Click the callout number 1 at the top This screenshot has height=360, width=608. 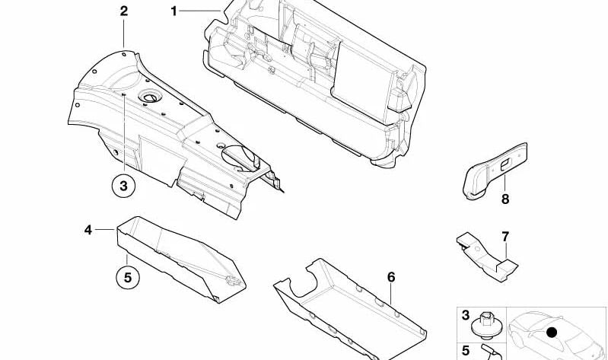click(x=173, y=11)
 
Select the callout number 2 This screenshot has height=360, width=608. click(x=124, y=11)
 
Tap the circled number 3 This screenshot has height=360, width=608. click(x=123, y=184)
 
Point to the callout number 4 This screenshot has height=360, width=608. click(x=88, y=229)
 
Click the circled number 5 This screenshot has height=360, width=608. click(x=128, y=277)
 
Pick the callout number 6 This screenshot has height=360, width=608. click(x=391, y=277)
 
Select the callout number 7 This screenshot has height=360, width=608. click(x=505, y=237)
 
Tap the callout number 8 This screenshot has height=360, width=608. click(x=505, y=200)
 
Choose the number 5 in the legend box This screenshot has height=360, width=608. click(x=466, y=350)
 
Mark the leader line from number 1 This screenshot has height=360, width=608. click(x=202, y=10)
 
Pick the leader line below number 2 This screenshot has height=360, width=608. click(x=124, y=34)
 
